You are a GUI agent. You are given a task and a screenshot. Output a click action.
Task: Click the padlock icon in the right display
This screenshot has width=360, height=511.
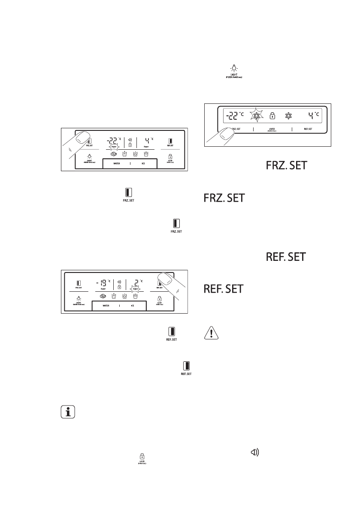(x=272, y=116)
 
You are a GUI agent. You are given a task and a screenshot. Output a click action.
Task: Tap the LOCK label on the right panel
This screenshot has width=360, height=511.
(x=272, y=128)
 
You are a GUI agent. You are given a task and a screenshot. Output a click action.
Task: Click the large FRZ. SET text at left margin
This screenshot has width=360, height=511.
(x=224, y=198)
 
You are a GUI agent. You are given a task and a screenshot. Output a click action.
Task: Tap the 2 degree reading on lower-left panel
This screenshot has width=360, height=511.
(x=137, y=283)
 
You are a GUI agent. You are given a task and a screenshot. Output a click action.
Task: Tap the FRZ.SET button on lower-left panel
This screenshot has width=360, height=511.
(x=79, y=284)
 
